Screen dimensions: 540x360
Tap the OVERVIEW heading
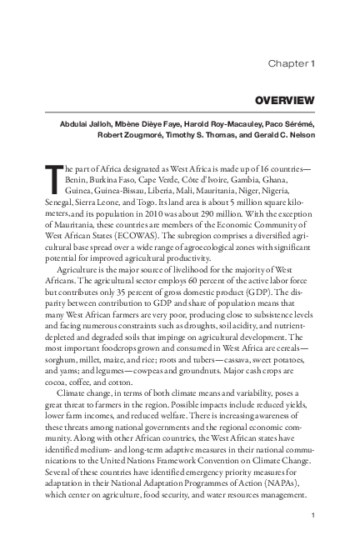[x=285, y=101]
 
